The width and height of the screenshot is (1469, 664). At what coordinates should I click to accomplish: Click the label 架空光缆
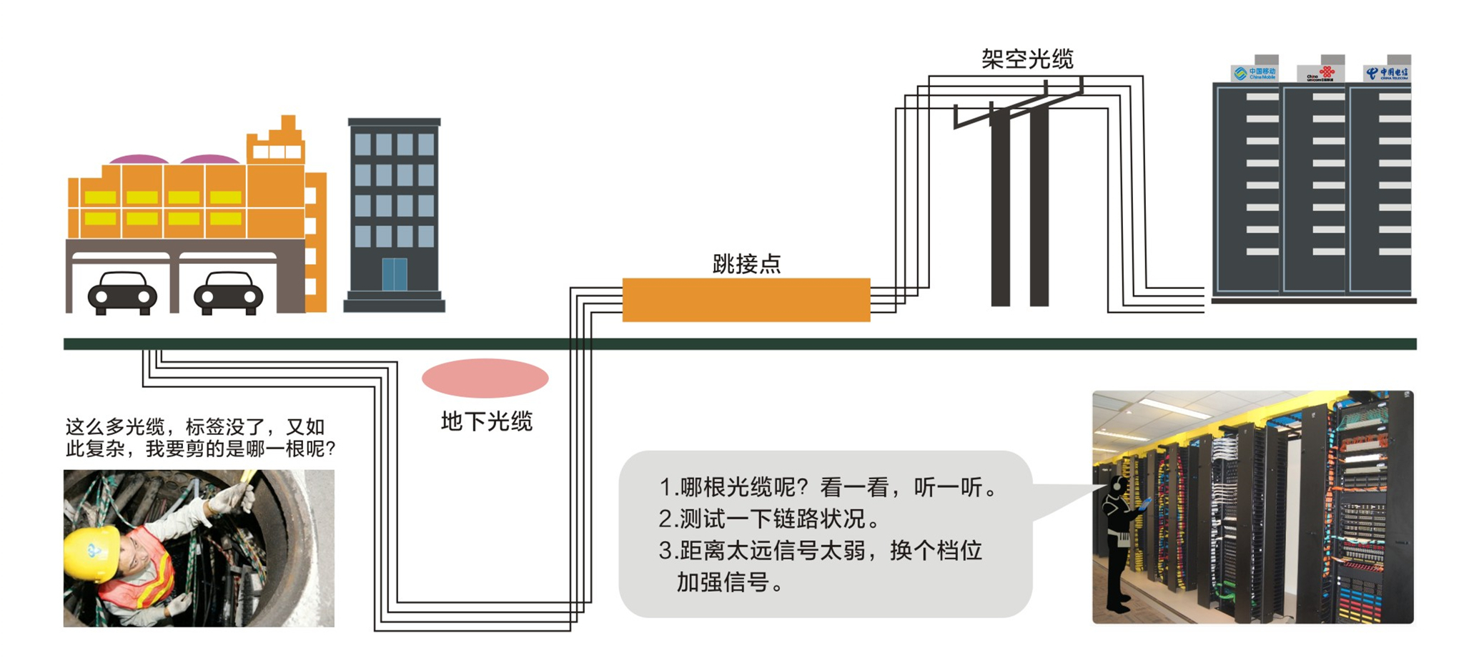click(1027, 59)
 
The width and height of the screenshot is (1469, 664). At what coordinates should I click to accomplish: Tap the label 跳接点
click(746, 264)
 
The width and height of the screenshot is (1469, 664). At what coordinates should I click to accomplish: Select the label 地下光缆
click(486, 422)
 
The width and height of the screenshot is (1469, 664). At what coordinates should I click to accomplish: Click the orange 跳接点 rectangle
click(746, 300)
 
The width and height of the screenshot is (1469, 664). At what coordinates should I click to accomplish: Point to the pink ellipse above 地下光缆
click(485, 378)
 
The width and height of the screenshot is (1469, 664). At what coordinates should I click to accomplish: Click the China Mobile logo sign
click(1255, 73)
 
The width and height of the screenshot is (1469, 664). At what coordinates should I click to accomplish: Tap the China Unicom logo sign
click(1321, 73)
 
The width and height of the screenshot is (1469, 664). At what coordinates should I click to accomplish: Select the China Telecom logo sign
click(1386, 73)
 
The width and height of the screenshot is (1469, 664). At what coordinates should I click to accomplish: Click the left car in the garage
click(122, 293)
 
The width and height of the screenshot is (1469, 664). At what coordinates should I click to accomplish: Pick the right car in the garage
click(228, 293)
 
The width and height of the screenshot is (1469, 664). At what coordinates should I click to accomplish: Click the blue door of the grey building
click(394, 275)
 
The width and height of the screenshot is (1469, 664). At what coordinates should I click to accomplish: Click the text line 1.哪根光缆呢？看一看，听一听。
click(828, 487)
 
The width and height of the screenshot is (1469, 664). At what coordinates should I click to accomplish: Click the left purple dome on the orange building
click(139, 159)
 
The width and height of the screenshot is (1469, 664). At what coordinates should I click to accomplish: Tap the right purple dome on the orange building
click(209, 159)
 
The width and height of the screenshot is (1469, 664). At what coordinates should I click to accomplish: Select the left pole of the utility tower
click(1000, 207)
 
